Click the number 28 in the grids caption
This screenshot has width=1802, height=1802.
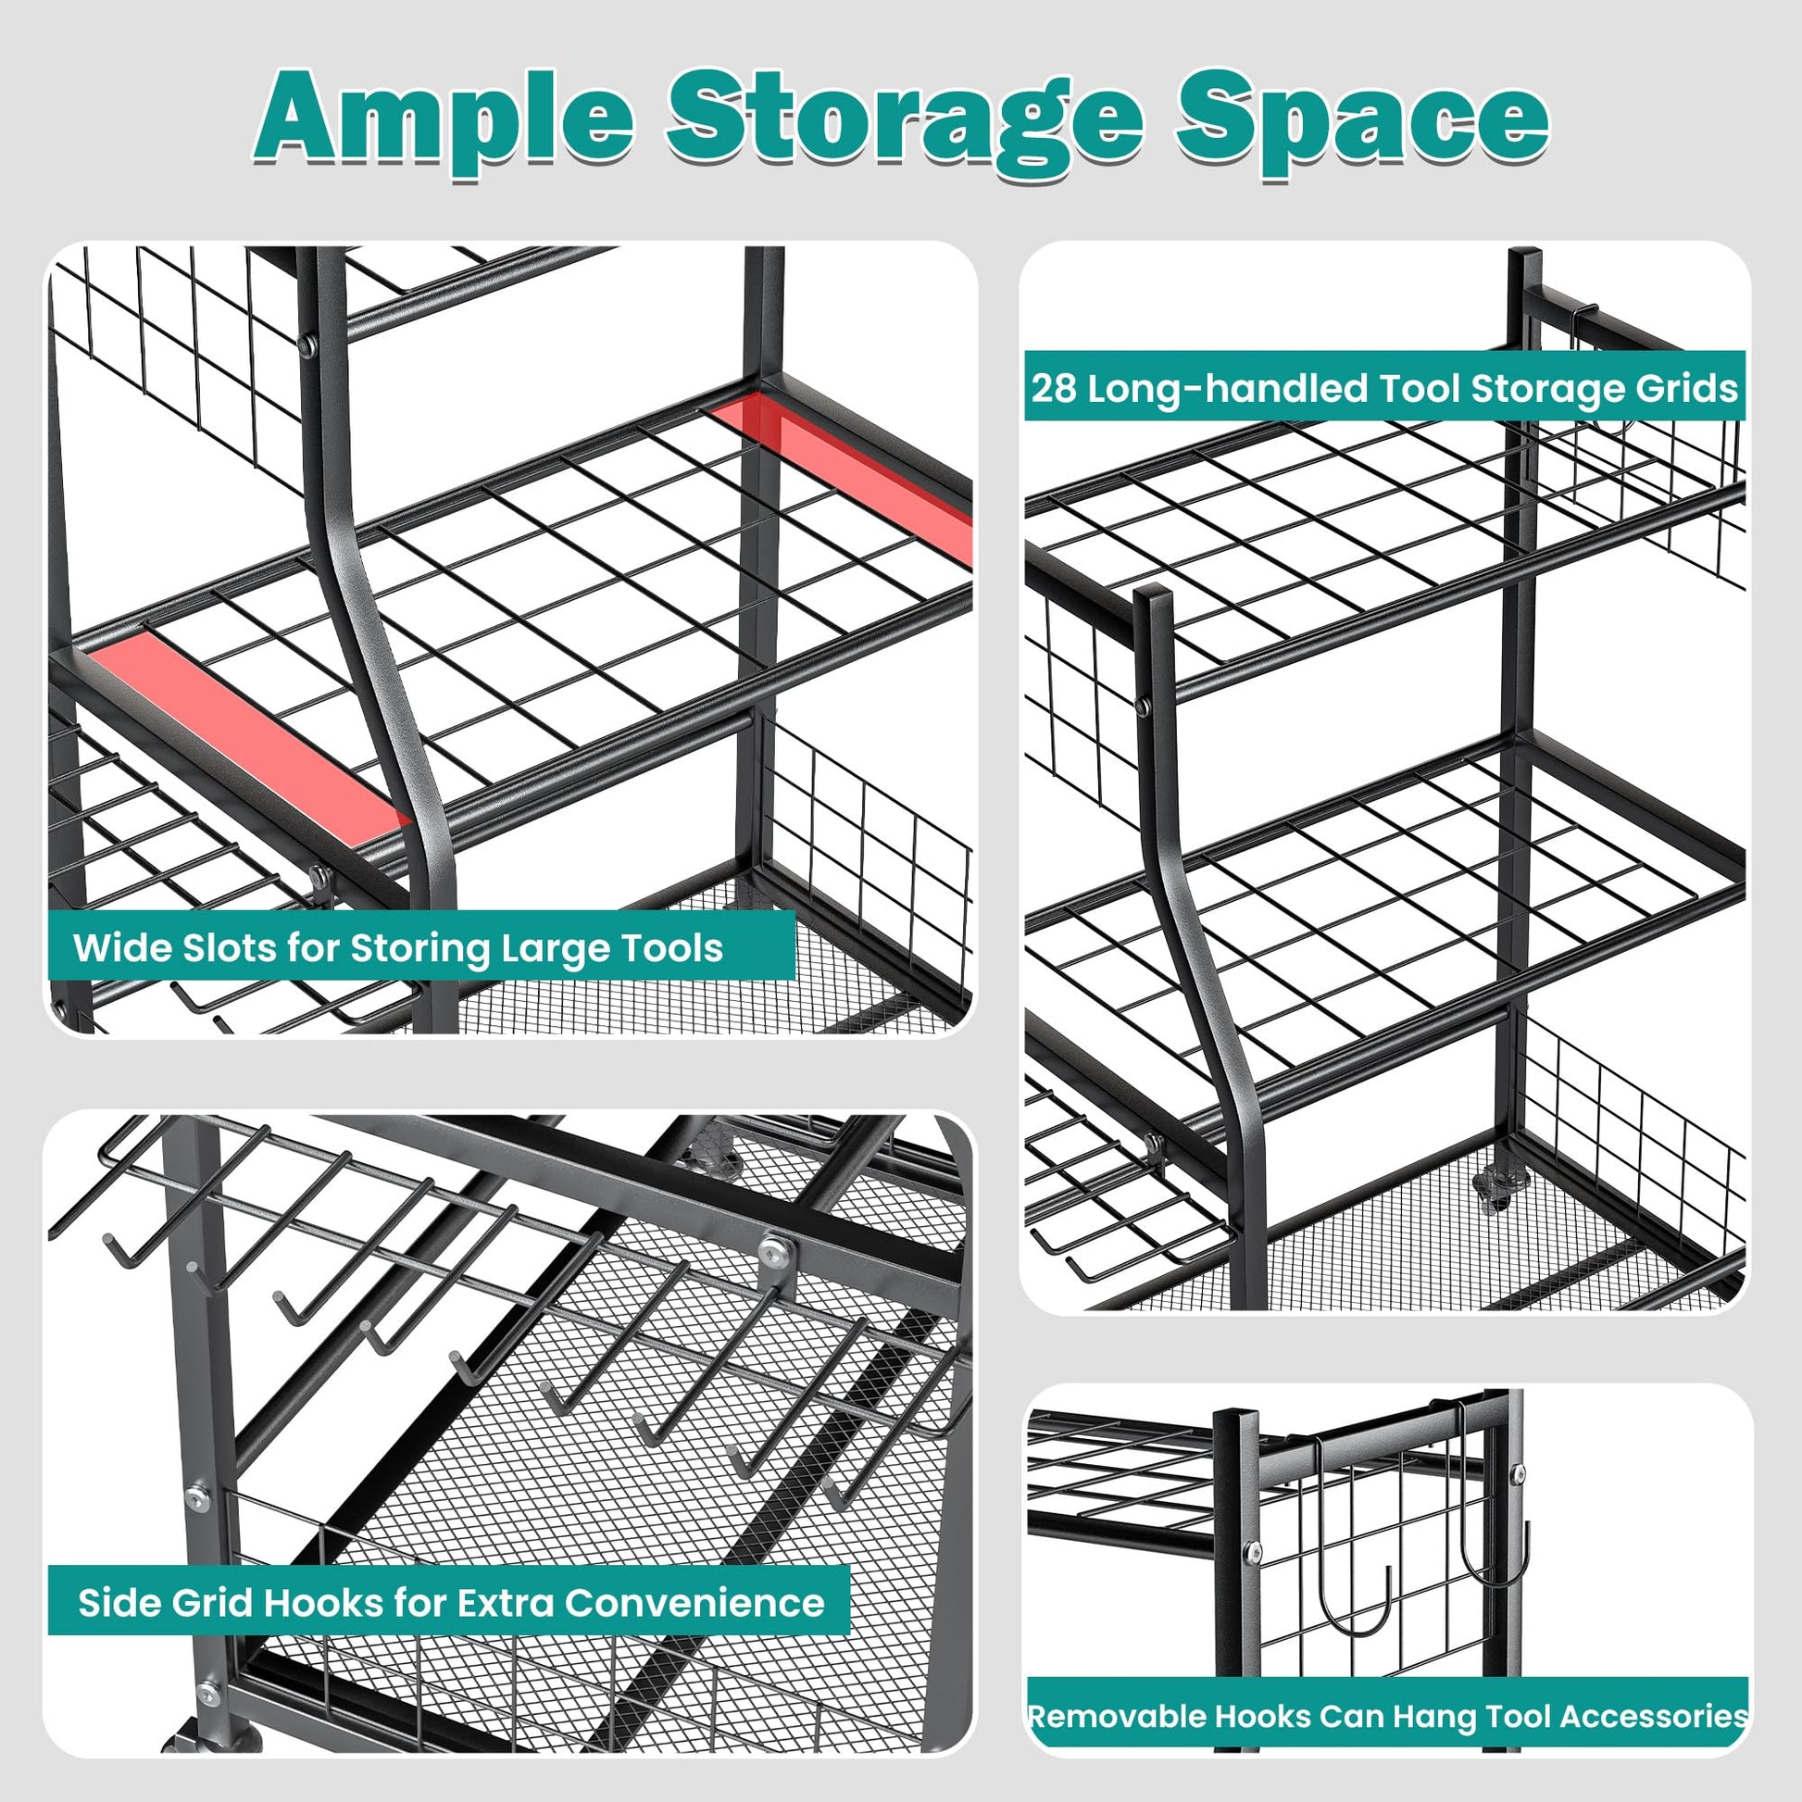point(1053,388)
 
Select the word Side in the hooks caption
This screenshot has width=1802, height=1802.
point(118,1603)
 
